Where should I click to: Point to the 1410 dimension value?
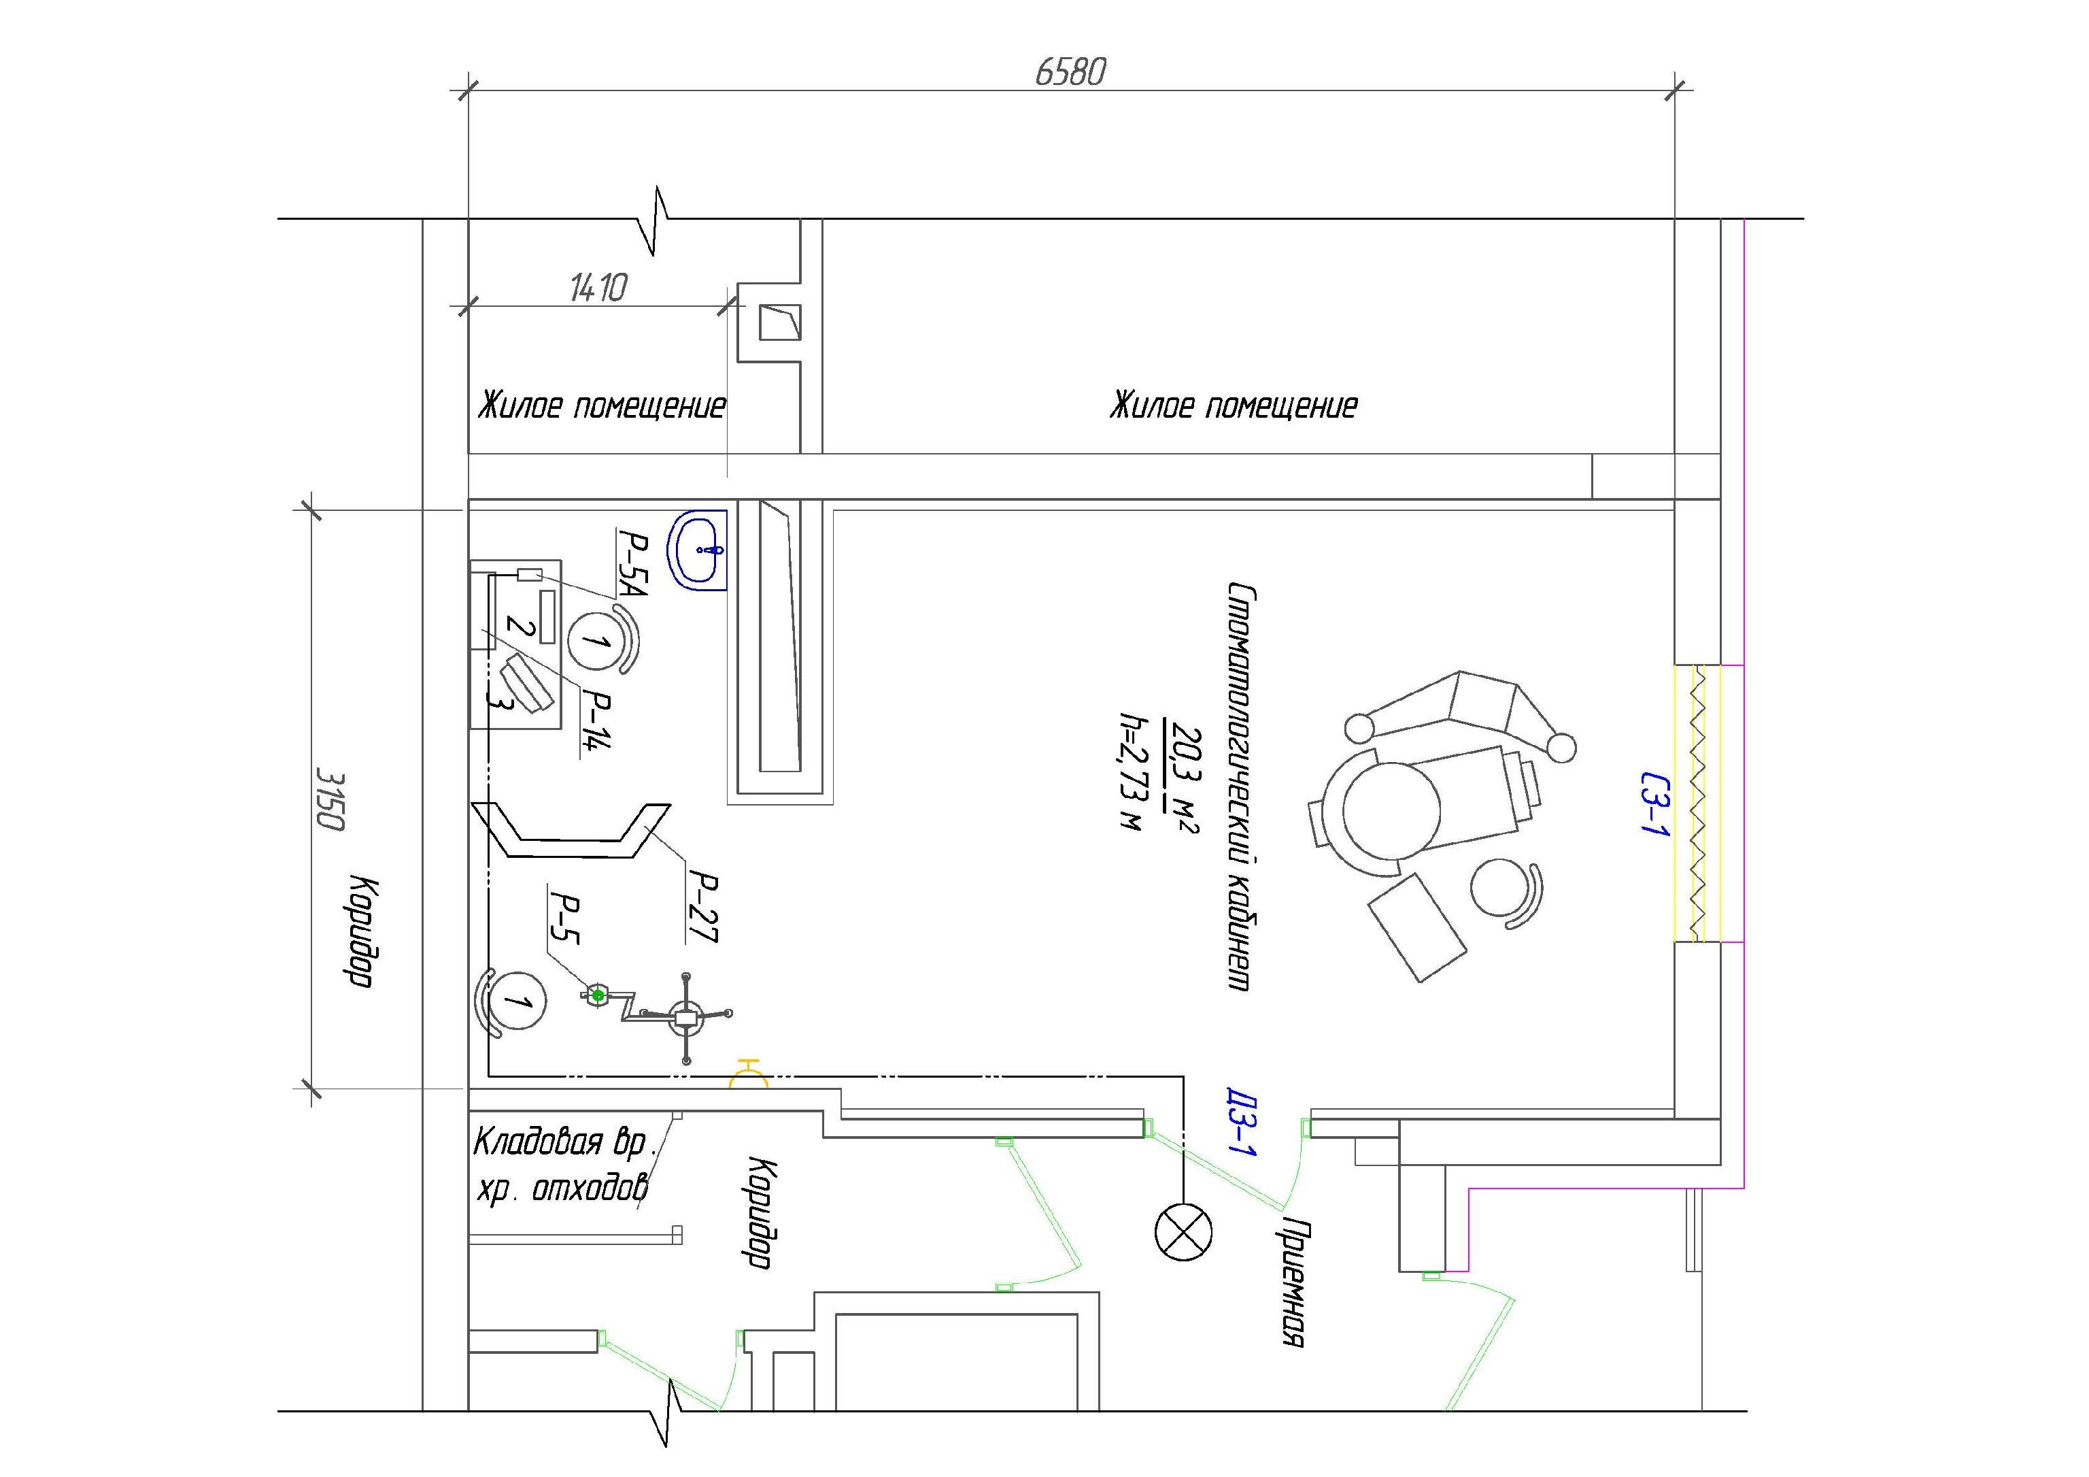coord(598,288)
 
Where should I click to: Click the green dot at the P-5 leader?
coord(598,995)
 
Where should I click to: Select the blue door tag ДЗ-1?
coord(1240,1123)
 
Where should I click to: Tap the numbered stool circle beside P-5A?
coord(595,641)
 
